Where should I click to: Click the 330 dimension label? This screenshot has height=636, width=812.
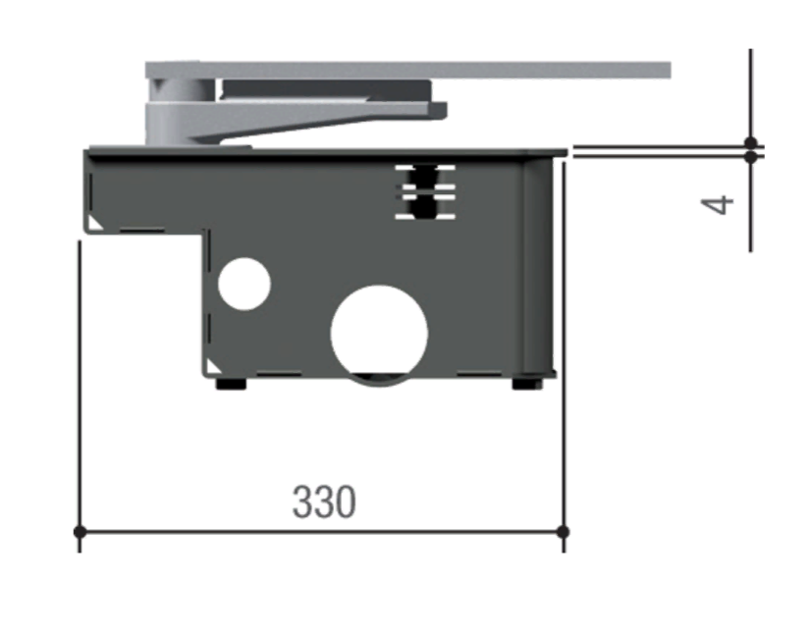click(324, 502)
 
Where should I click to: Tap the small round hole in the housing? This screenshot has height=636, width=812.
click(244, 284)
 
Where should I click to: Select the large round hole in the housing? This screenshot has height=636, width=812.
click(379, 332)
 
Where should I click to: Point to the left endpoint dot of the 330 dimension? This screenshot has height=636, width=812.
click(80, 531)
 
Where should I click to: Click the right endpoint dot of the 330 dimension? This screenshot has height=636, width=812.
click(564, 531)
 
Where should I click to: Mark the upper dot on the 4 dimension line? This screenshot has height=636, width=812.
click(750, 143)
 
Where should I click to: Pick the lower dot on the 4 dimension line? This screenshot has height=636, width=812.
click(750, 156)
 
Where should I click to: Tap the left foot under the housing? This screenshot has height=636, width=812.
click(231, 384)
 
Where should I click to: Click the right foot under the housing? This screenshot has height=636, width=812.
click(527, 384)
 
